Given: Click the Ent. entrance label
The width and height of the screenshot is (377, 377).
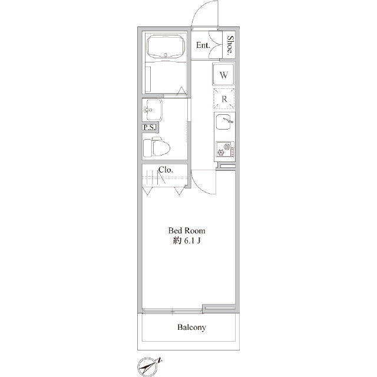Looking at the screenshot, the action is point(203,45).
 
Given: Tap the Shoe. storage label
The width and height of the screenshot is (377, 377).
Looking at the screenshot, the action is point(230,45).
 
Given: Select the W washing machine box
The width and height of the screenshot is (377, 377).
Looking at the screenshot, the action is point(224,74).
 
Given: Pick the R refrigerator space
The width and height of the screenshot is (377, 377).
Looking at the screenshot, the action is point(224,98).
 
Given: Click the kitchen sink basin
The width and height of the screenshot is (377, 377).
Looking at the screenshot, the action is point(224,122).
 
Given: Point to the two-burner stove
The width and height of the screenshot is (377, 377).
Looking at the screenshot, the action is point(225,149).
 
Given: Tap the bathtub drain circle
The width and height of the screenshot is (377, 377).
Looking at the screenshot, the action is point(166,55).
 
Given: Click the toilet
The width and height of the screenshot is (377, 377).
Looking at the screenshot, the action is point(156,147).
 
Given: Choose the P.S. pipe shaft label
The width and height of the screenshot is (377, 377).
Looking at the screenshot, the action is point(149,127).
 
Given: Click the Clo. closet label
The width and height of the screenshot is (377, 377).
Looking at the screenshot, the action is point(166,170).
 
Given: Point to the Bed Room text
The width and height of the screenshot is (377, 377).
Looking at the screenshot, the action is point(187,230).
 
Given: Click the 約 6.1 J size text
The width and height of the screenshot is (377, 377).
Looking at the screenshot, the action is point(187,241).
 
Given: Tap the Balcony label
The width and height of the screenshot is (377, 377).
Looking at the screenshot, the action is point(191,328).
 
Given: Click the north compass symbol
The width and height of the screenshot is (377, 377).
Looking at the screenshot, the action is point(149,366).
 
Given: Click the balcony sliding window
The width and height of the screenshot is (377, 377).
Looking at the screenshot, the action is point(173,311).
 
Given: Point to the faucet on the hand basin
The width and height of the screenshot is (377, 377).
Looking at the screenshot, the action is point(148,110).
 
